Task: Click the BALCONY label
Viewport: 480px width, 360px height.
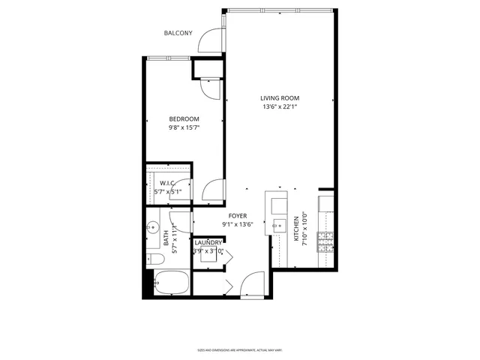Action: [x=178, y=33]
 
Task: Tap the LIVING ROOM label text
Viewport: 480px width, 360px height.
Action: [x=280, y=98]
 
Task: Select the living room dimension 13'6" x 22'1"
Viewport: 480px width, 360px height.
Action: [x=280, y=107]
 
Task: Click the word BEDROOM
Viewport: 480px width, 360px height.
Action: [x=184, y=119]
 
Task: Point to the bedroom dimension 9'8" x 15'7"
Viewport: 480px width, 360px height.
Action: [x=184, y=127]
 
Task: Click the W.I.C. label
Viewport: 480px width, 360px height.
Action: [x=166, y=183]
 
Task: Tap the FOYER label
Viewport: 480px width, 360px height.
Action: [x=238, y=216]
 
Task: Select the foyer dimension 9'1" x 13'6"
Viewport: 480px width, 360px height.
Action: [x=238, y=225]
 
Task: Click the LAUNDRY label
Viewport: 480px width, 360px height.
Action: [x=208, y=243]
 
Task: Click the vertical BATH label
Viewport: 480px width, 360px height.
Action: [x=166, y=238]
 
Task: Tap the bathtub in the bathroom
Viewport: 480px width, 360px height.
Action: [x=169, y=285]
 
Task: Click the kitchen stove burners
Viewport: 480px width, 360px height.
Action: [x=325, y=239]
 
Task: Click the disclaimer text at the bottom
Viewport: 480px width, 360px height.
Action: [x=240, y=349]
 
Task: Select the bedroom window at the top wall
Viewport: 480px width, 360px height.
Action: [x=169, y=58]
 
